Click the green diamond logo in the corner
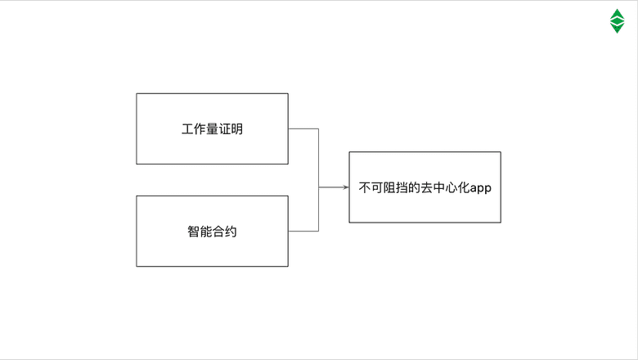617,21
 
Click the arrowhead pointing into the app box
345,187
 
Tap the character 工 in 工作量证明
187,129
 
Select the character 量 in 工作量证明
212,129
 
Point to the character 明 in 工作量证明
236,129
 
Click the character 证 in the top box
224,129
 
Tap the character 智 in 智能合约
193,232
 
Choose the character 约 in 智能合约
231,232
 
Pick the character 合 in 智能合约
218,232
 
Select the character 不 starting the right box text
365,187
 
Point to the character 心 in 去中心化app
449,187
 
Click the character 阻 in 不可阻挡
389,187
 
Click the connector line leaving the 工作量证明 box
303,128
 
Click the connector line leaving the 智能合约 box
303,232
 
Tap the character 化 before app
461,187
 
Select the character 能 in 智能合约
205,232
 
